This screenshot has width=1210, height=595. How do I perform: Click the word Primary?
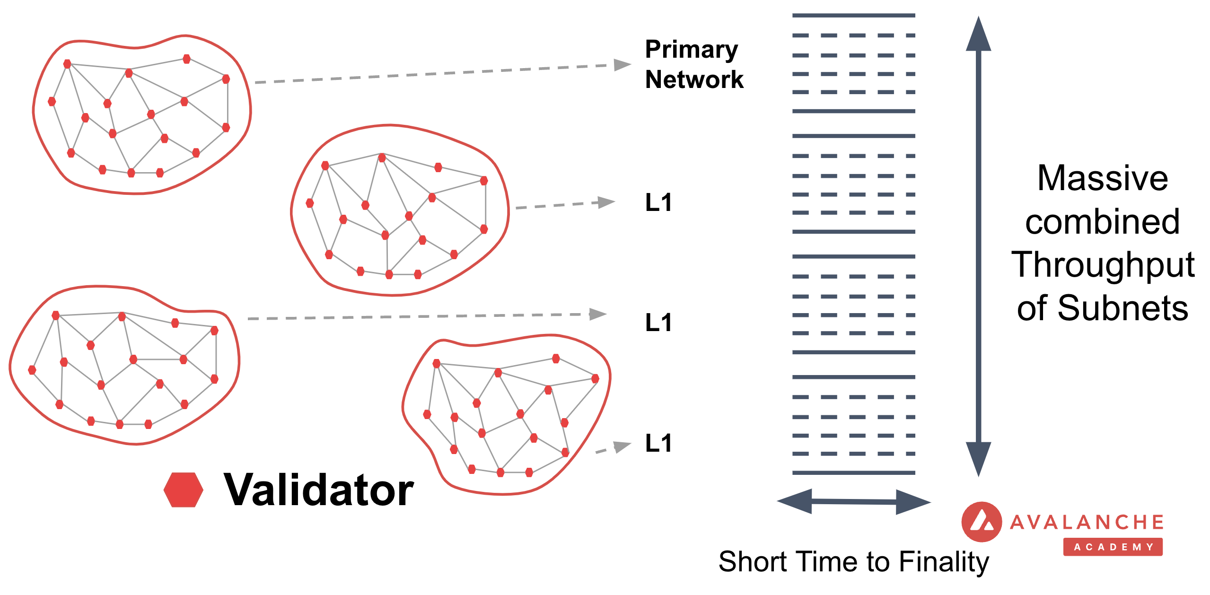(691, 50)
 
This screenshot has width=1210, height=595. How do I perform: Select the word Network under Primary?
(694, 79)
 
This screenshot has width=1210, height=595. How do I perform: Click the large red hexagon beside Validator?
(184, 490)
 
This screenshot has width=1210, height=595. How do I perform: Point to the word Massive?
(1102, 178)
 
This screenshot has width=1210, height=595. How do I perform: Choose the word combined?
(1102, 222)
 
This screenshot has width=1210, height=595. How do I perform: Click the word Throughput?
(1103, 265)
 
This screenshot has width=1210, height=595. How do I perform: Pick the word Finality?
(944, 562)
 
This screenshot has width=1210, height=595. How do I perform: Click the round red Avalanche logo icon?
(982, 522)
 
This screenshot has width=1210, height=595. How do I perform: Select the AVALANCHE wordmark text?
(1087, 522)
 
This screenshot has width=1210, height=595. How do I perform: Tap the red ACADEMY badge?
(1113, 547)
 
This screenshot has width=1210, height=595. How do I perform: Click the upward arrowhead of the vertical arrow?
(978, 35)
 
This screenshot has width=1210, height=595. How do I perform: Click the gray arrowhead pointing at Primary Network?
(622, 64)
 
